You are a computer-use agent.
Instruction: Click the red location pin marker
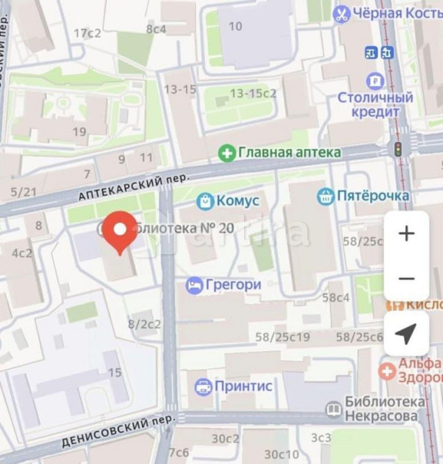click(120, 231)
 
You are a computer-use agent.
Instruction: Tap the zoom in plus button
click(406, 233)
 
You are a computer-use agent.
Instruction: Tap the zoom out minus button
click(406, 278)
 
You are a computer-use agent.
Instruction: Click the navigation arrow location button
click(406, 333)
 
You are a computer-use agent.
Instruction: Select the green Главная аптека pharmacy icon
click(227, 152)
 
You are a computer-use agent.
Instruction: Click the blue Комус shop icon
click(205, 201)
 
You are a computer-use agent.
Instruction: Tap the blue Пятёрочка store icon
click(325, 196)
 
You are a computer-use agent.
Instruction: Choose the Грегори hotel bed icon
click(195, 285)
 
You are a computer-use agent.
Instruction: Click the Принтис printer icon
click(203, 386)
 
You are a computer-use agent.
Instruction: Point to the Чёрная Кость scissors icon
click(341, 14)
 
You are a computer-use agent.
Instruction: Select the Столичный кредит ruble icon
click(375, 81)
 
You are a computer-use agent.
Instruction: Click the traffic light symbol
click(398, 149)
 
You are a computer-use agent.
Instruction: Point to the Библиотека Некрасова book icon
click(333, 409)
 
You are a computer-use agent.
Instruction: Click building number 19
click(79, 132)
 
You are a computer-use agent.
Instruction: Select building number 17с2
click(87, 33)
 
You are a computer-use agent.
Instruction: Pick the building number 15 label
click(114, 373)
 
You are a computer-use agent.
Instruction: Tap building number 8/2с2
click(144, 323)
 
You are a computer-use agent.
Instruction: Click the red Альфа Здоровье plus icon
click(387, 371)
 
